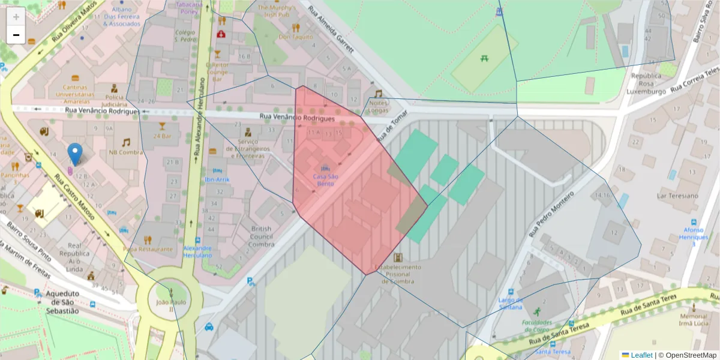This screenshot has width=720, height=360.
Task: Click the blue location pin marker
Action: pyautogui.click(x=75, y=154)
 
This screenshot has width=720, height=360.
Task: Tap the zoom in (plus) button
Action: pyautogui.click(x=16, y=17)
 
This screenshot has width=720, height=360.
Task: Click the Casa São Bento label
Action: pyautogui.click(x=326, y=179)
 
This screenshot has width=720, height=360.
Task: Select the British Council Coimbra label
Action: pyautogui.click(x=262, y=236)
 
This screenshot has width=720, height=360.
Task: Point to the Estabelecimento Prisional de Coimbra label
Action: pyautogui.click(x=397, y=274)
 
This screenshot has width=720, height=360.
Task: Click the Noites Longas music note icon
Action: pyautogui.click(x=378, y=94)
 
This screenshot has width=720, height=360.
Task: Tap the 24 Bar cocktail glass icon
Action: pyautogui.click(x=161, y=126)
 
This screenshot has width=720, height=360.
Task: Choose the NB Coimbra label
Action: pyautogui.click(x=126, y=152)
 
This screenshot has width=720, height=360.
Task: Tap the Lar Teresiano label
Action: pyautogui.click(x=677, y=196)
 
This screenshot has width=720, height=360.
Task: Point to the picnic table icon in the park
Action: pyautogui.click(x=483, y=58)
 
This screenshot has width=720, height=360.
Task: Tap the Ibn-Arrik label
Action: pyautogui.click(x=217, y=179)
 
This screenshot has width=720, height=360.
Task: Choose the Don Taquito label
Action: pyautogui.click(x=296, y=37)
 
